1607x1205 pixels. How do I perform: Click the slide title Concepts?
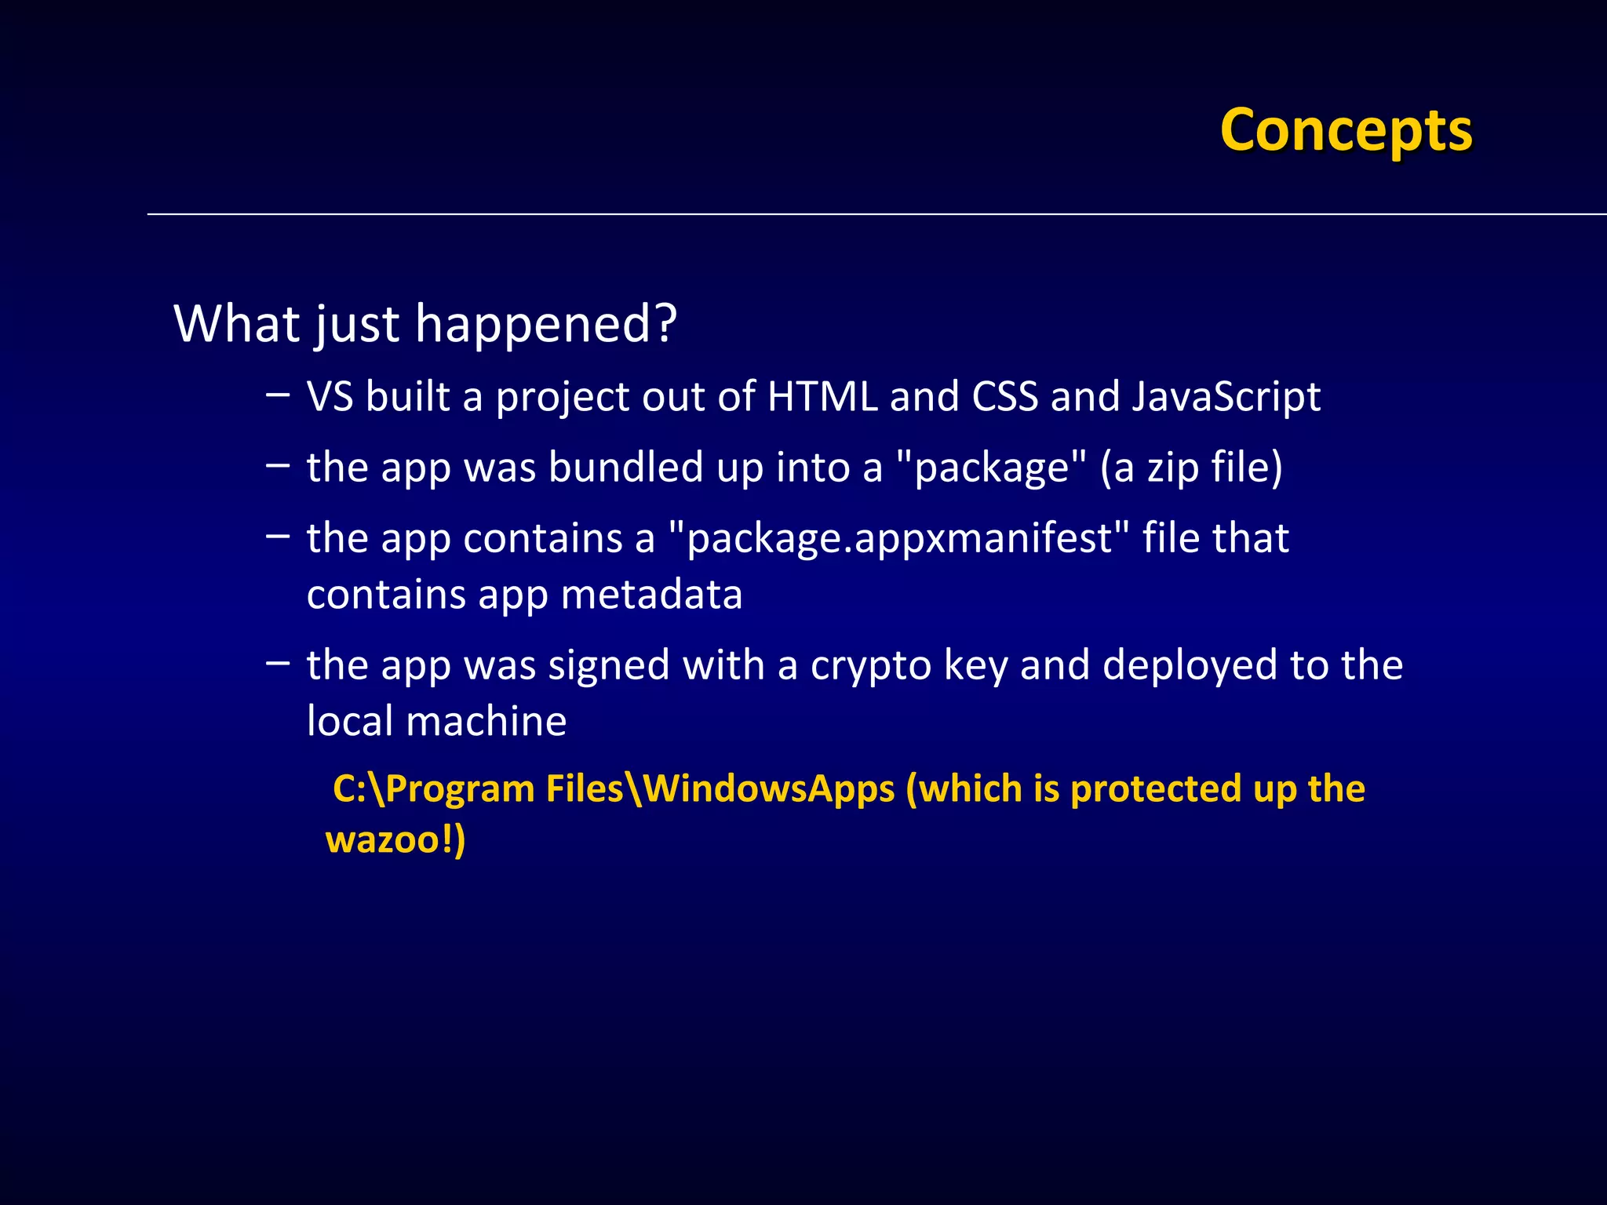[x=1346, y=130]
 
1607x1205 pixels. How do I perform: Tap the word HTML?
[x=822, y=396]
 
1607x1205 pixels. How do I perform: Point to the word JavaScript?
[x=1226, y=398]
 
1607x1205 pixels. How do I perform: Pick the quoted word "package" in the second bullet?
[x=992, y=468]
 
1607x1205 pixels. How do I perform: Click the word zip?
[x=1173, y=468]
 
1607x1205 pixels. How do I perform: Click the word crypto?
[x=871, y=666]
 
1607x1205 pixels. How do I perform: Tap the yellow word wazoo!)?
[x=395, y=839]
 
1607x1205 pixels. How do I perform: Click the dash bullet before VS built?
[x=277, y=393]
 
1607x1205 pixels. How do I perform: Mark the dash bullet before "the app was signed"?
[x=277, y=662]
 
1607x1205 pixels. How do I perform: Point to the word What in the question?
[x=237, y=323]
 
